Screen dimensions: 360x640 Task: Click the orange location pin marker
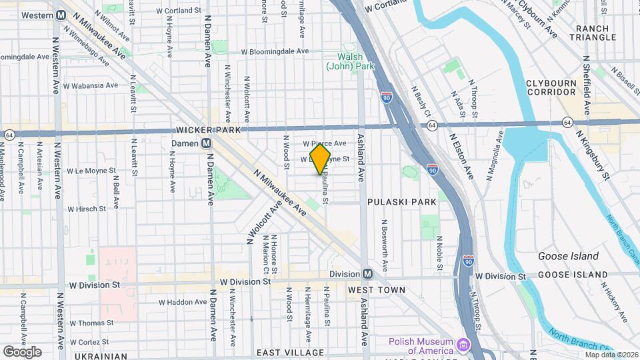point(320,159)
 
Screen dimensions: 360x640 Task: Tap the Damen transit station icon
point(207,143)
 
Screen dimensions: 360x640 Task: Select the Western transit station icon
point(61,15)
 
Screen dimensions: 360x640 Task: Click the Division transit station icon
point(367,274)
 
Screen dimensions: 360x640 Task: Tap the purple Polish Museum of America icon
point(461,344)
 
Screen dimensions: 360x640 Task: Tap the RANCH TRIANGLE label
point(596,33)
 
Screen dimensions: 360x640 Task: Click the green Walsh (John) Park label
point(350,61)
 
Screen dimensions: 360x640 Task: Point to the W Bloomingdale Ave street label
point(275,51)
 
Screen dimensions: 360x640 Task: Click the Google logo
point(22,351)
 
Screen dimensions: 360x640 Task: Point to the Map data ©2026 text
point(611,354)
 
